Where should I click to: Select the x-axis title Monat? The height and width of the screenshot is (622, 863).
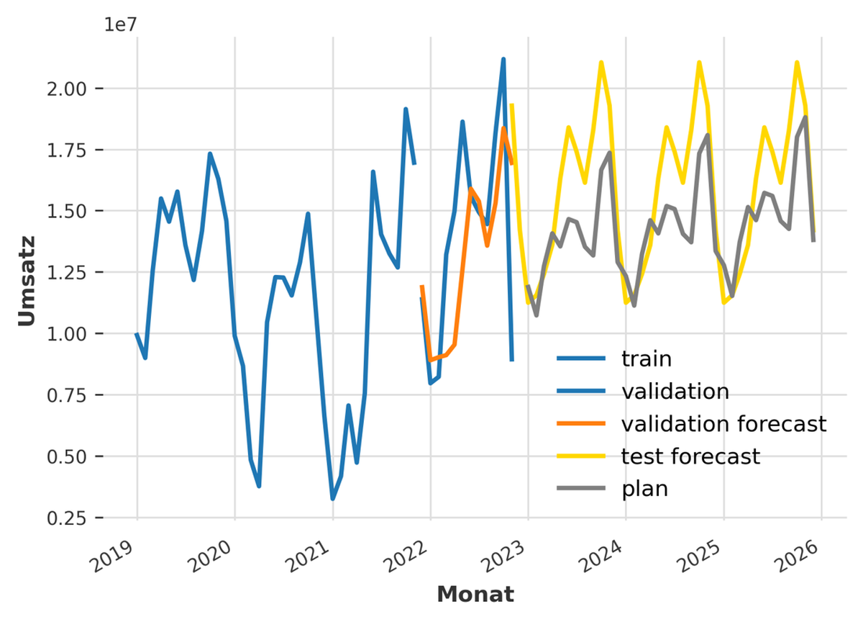(x=475, y=595)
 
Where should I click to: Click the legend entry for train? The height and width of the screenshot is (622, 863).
(x=646, y=358)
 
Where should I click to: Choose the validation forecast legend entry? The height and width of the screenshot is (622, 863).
(x=723, y=423)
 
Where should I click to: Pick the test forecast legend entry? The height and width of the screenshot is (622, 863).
(x=690, y=456)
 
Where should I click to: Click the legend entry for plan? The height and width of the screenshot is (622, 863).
(x=644, y=490)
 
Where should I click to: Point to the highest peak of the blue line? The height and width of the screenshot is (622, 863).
(x=503, y=59)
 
